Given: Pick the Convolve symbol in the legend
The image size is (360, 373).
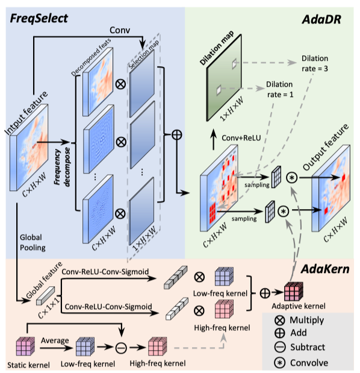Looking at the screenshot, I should coord(279,362).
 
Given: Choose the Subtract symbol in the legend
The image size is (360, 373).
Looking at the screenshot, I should coord(279,348).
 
